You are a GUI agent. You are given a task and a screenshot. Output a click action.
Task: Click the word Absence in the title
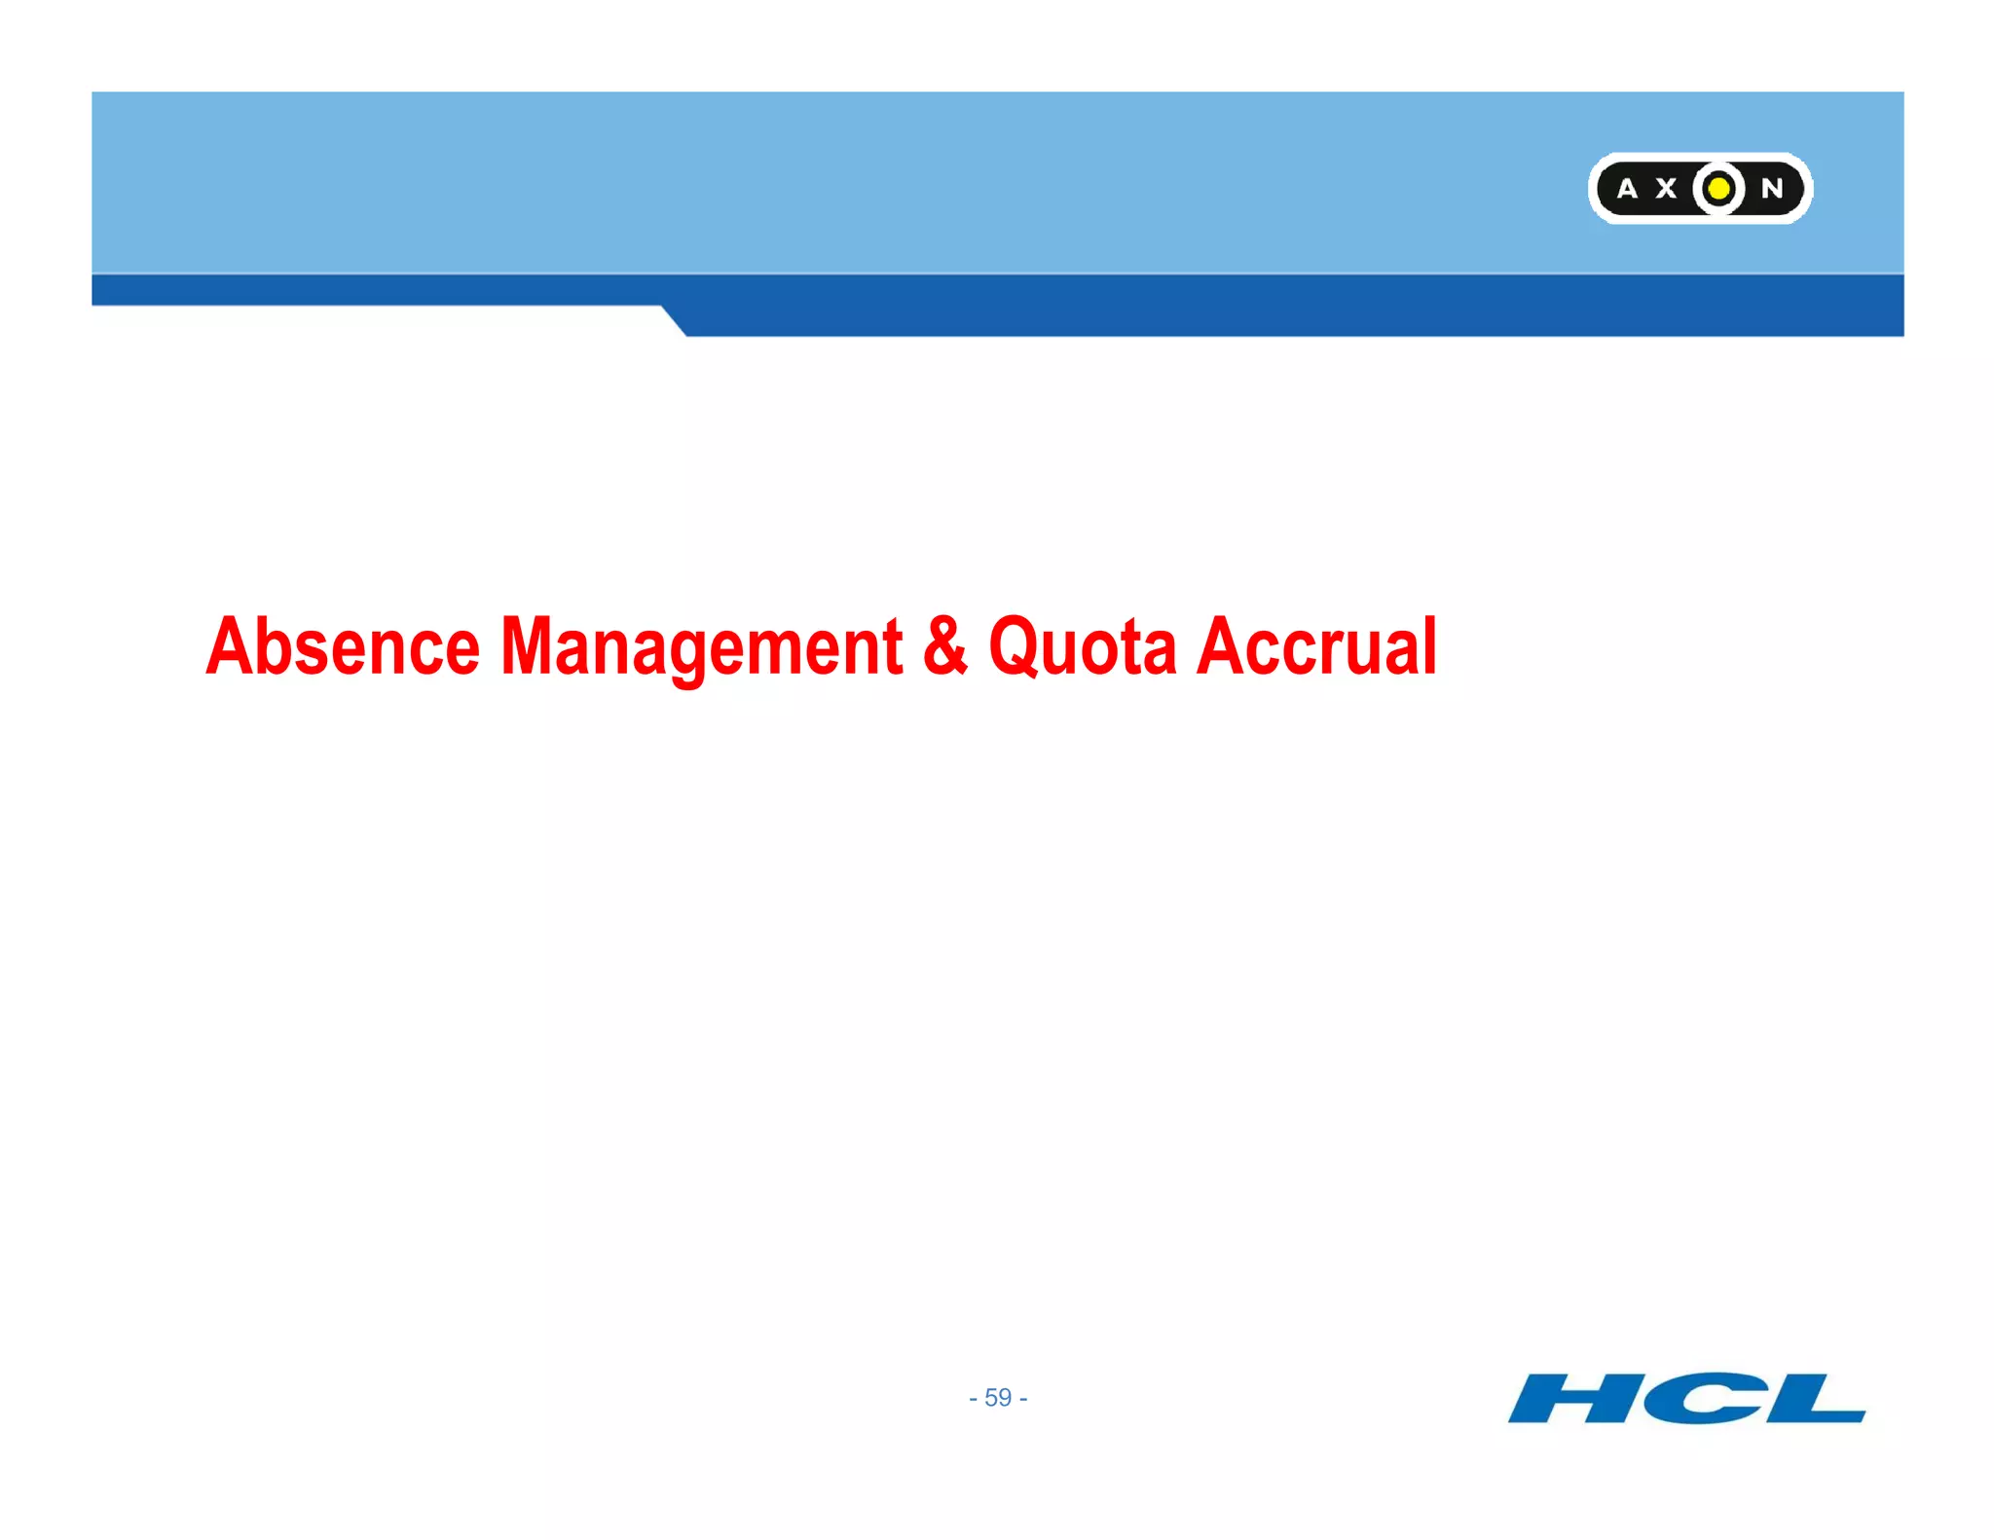[x=343, y=646]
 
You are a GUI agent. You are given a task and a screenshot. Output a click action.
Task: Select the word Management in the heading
[x=701, y=646]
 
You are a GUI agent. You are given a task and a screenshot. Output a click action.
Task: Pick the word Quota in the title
[x=1083, y=646]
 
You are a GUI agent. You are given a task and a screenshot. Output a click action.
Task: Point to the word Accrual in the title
[x=1316, y=646]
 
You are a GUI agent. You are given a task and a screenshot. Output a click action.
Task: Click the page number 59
[x=998, y=1398]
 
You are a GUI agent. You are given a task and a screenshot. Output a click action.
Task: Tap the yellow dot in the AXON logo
[x=1719, y=188]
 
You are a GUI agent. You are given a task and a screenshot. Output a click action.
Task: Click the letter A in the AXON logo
[x=1627, y=189]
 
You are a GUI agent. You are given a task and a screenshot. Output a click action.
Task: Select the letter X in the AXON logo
[x=1667, y=189]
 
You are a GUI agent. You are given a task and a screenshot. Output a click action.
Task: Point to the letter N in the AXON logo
[x=1772, y=189]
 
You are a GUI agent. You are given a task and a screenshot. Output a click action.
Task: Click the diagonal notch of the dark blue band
[x=674, y=321]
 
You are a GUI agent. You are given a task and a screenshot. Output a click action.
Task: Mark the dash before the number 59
[x=973, y=1400]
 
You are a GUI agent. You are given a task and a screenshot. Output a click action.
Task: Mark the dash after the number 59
[x=1023, y=1400]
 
